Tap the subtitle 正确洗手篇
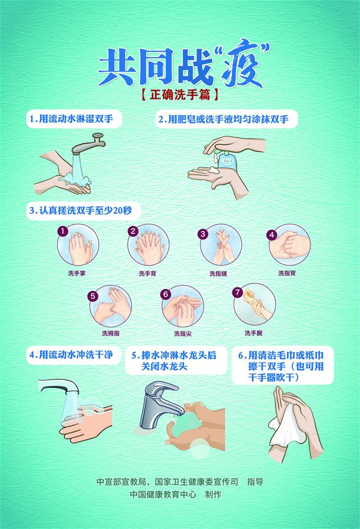[180, 93]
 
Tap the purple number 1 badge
[62, 232]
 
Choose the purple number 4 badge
[272, 234]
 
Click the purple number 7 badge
[238, 292]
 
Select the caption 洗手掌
[76, 273]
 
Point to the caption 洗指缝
[218, 273]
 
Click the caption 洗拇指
[109, 333]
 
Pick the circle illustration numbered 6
[182, 307]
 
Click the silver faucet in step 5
[154, 406]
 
